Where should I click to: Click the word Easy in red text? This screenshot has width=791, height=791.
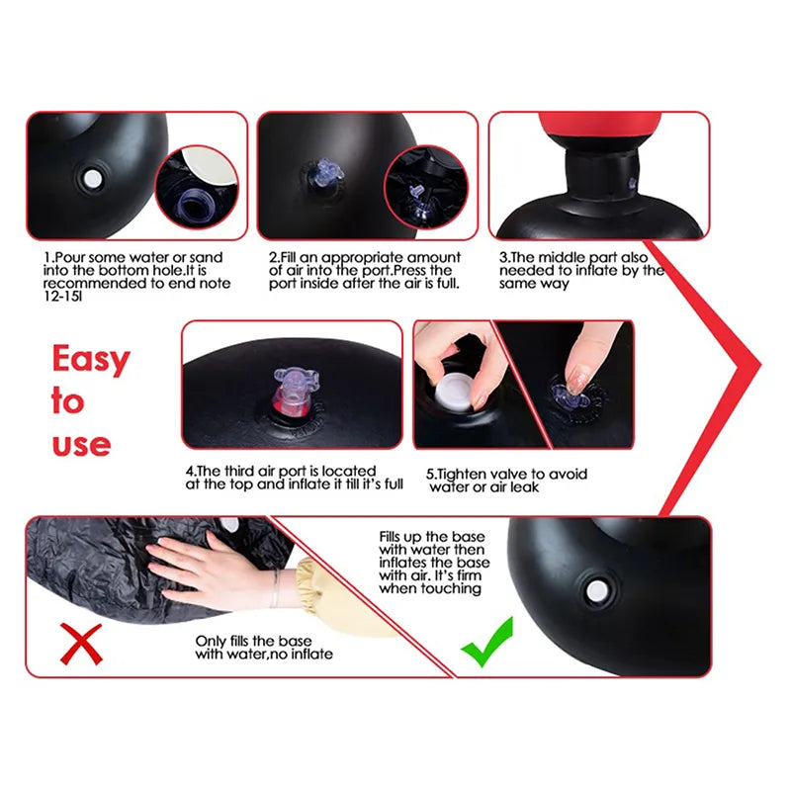coord(91,359)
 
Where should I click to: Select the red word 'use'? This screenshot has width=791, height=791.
coord(81,444)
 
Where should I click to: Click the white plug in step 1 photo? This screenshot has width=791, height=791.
coord(92,180)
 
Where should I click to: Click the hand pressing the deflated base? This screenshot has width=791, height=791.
coord(203,568)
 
